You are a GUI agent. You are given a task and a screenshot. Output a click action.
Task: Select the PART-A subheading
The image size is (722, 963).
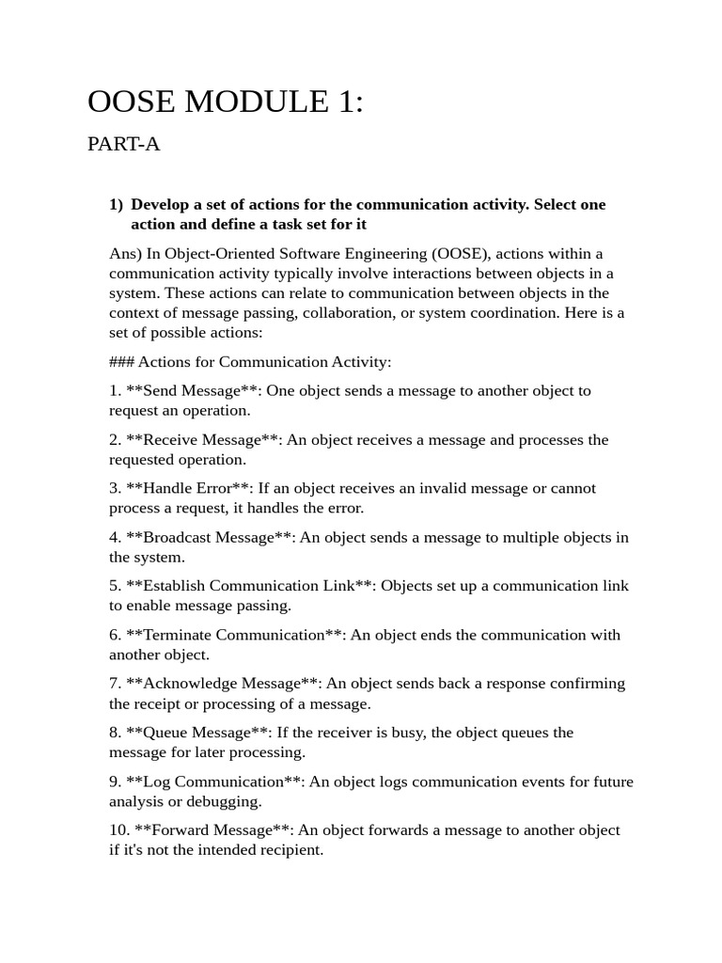point(124,144)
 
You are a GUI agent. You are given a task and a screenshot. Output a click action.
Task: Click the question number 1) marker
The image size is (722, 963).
point(117,204)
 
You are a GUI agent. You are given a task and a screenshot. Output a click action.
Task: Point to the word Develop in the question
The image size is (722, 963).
point(162,204)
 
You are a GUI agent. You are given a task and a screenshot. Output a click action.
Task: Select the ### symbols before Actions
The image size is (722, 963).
point(122,362)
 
